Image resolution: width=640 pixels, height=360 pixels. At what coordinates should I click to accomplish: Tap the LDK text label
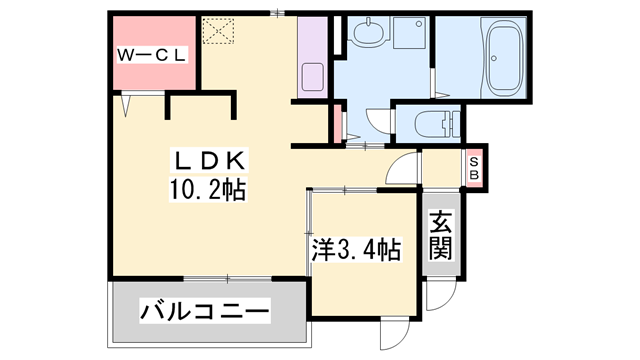point(206,160)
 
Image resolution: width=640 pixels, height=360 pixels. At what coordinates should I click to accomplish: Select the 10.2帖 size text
point(208,187)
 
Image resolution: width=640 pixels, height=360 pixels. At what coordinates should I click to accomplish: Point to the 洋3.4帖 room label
point(355,250)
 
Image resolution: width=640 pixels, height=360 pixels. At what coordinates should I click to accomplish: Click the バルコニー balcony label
point(204,313)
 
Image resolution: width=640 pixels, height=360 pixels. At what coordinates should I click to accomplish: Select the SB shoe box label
point(474,166)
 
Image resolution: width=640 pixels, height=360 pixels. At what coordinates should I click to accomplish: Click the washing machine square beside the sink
point(410,38)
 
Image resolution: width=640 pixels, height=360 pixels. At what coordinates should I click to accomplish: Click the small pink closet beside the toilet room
point(337,122)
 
